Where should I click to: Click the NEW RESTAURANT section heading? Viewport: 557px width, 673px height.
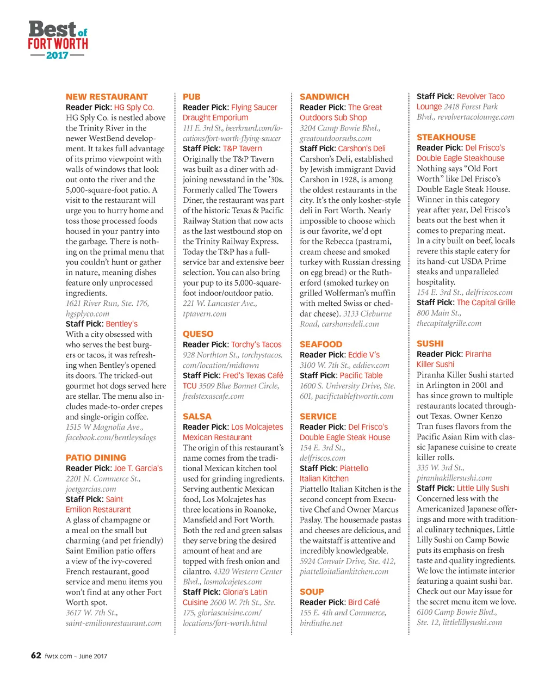[107, 97]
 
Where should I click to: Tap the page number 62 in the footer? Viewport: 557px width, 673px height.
[36, 655]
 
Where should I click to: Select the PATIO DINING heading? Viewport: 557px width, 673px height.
[96, 458]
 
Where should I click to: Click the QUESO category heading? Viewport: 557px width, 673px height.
[198, 334]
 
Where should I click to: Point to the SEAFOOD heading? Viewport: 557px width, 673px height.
[321, 344]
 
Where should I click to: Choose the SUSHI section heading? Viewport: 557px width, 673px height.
[430, 344]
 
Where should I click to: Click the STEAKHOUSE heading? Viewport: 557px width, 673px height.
[446, 138]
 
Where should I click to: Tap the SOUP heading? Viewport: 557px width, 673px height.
[312, 592]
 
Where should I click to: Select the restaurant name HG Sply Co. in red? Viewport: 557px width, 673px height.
[134, 108]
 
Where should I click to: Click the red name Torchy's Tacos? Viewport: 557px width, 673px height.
[256, 344]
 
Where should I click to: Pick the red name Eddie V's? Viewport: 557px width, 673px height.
[364, 355]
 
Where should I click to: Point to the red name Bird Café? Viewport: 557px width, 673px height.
[364, 602]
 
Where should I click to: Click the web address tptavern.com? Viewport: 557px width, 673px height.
[205, 314]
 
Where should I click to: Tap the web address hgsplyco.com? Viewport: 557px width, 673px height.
[88, 314]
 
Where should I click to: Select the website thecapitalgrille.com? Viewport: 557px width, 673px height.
[449, 323]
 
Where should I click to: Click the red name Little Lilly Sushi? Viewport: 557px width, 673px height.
[483, 488]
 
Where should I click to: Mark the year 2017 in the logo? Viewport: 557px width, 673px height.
[58, 55]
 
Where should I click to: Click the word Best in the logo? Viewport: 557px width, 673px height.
[52, 29]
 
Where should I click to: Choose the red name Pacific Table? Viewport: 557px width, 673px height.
[361, 375]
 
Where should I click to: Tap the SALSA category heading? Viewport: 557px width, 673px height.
[197, 417]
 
